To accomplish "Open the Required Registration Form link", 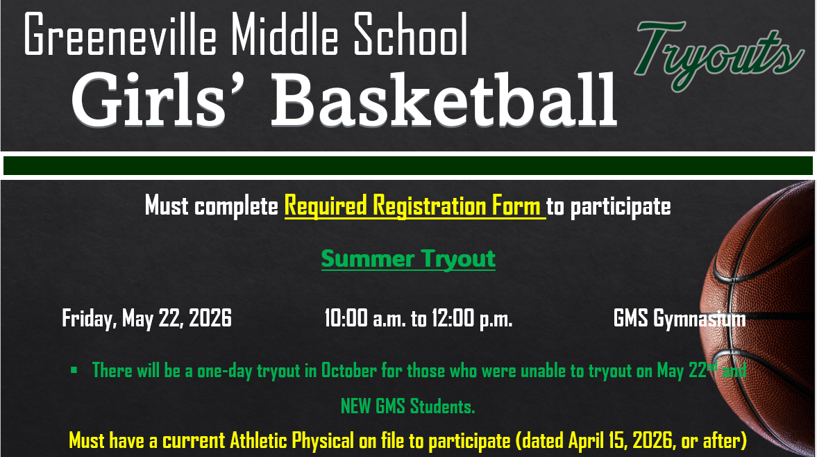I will [x=414, y=206].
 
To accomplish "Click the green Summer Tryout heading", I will [x=408, y=259].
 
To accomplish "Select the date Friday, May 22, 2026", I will [x=146, y=319].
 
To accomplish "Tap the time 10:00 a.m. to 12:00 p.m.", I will [x=418, y=319].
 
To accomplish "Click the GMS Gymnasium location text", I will [x=680, y=319].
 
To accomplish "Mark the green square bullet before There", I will [x=74, y=370].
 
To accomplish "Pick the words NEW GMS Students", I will [x=407, y=406].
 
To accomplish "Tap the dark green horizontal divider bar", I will [x=408, y=165].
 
